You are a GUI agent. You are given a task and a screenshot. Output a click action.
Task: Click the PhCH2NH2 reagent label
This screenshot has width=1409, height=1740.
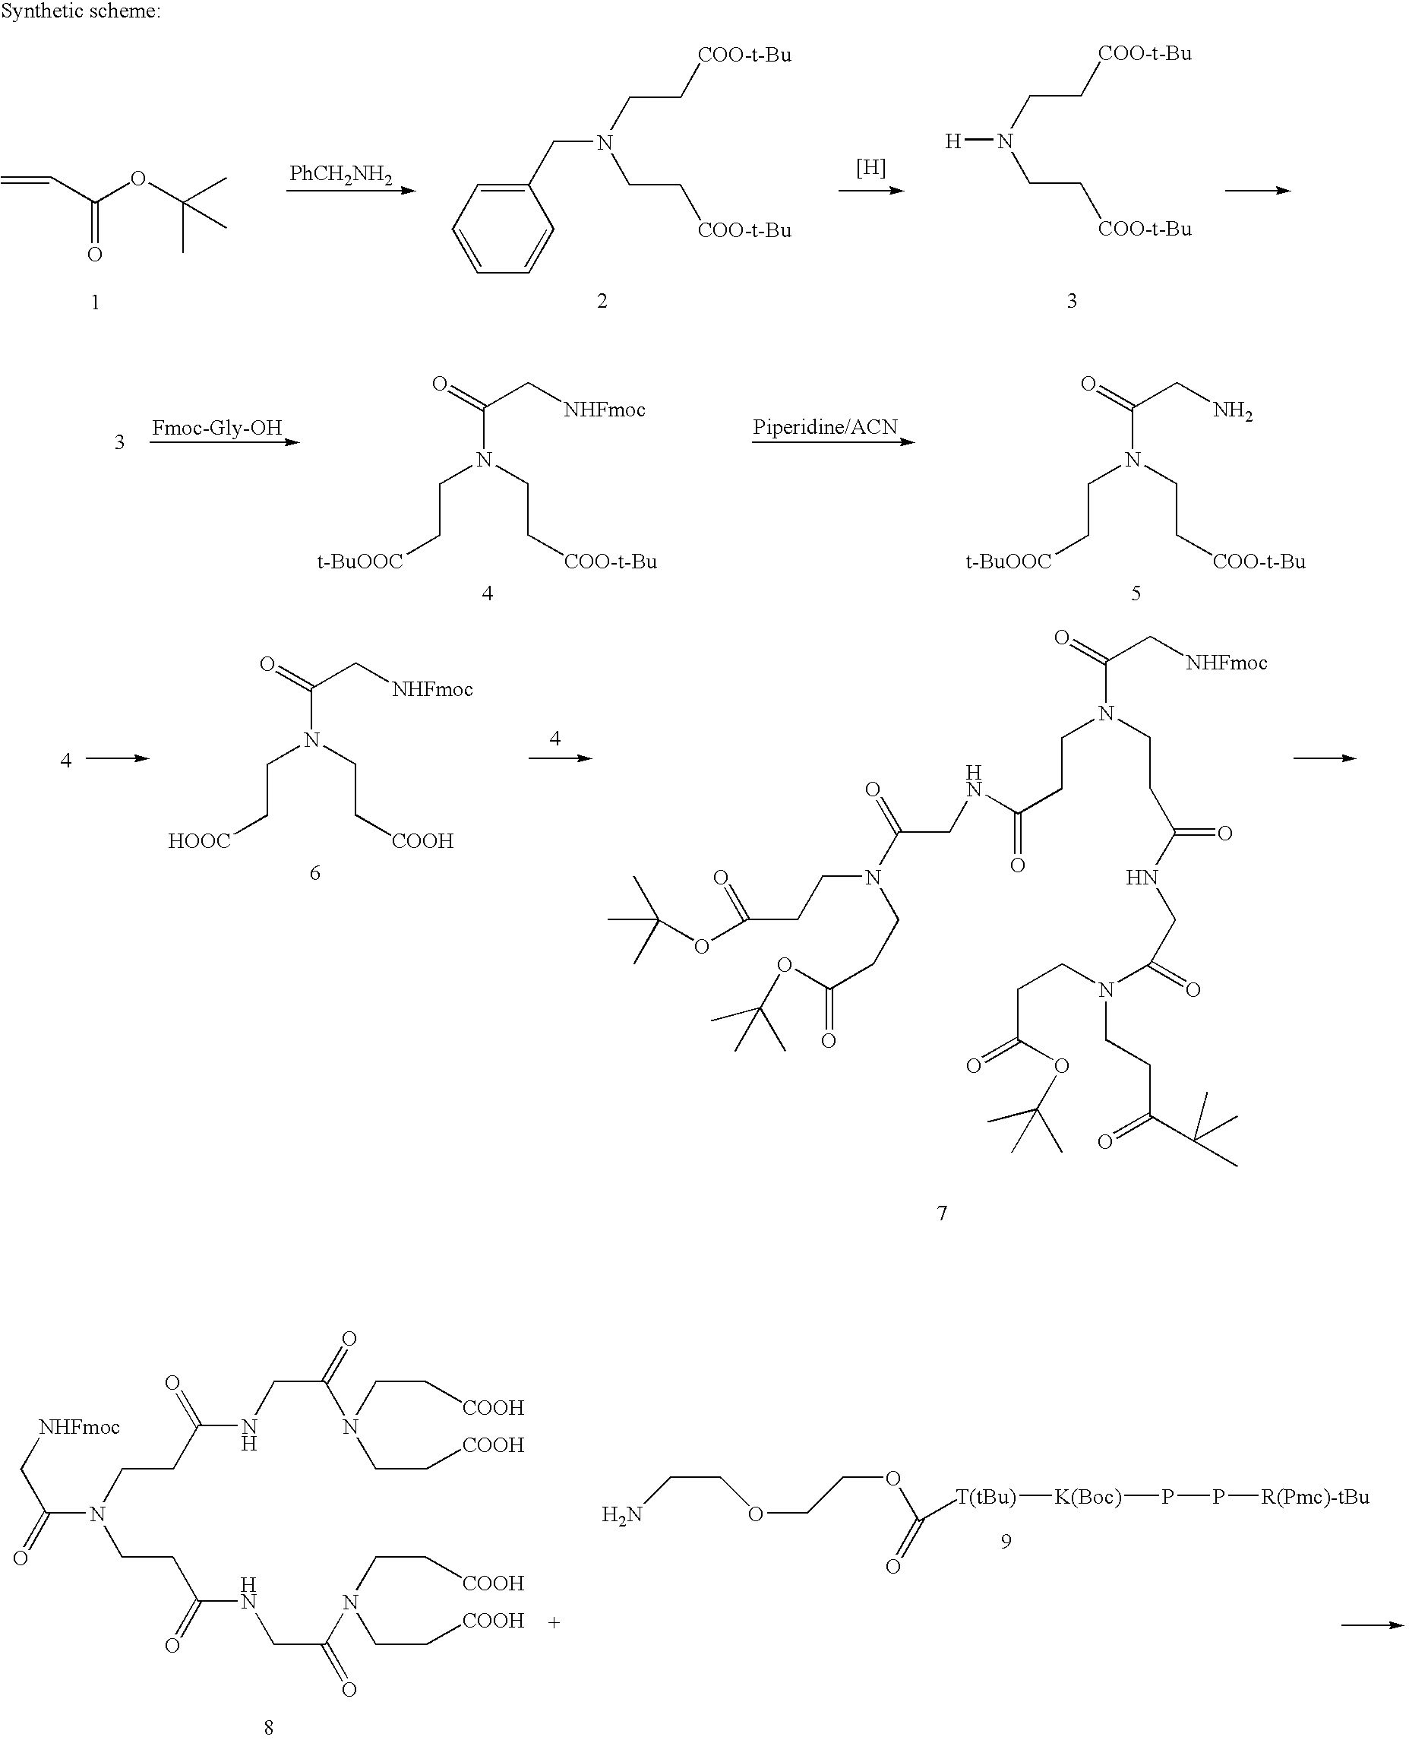click(341, 175)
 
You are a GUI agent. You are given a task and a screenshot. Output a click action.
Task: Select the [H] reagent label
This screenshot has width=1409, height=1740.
click(871, 168)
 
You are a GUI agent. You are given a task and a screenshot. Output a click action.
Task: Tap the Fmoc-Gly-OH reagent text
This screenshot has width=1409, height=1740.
click(216, 428)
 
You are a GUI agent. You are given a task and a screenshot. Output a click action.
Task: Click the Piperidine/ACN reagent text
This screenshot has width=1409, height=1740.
click(825, 427)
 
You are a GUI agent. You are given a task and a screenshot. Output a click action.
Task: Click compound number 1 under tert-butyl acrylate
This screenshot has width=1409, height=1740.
click(96, 303)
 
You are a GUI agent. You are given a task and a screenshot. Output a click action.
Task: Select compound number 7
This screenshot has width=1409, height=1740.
click(942, 1213)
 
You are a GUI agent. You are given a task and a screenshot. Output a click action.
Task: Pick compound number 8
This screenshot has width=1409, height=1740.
click(269, 1728)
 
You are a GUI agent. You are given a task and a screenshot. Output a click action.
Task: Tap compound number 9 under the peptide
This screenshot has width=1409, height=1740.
click(1006, 1541)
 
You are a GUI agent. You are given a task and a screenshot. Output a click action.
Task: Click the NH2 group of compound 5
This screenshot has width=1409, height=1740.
click(1233, 412)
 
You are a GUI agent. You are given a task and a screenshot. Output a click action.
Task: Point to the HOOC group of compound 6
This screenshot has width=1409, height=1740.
click(199, 841)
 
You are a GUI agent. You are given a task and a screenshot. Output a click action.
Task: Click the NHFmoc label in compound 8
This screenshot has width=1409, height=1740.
click(80, 1428)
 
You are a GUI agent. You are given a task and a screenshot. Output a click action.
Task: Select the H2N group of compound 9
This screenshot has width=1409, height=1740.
click(622, 1515)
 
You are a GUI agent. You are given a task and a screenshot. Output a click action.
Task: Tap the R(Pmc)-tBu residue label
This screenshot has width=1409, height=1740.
click(1315, 1496)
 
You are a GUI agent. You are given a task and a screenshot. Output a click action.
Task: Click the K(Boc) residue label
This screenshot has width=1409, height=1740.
click(1088, 1496)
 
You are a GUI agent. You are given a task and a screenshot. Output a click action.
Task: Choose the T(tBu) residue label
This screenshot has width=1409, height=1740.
click(986, 1496)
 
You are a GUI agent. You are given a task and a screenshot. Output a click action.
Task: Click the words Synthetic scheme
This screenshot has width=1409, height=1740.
click(81, 12)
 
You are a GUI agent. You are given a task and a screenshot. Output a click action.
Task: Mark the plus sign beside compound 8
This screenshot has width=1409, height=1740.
click(554, 1623)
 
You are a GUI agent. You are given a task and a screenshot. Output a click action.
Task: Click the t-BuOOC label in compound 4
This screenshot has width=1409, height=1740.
click(359, 562)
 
